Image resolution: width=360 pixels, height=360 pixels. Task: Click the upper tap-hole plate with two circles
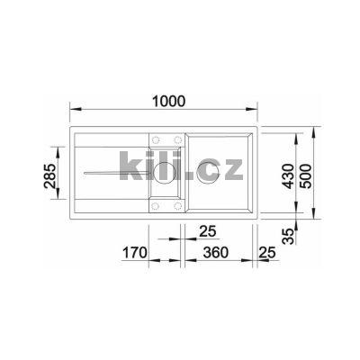[x=164, y=139]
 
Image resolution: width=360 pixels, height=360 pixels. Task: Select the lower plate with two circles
[x=164, y=202]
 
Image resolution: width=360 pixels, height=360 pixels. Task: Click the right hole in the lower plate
[x=174, y=202]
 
